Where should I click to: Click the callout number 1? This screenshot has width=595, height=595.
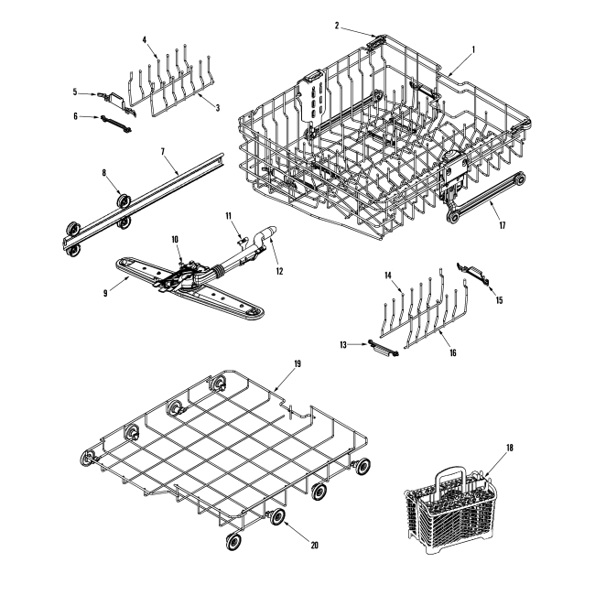[x=472, y=49]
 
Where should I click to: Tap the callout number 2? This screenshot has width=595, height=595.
[x=336, y=26]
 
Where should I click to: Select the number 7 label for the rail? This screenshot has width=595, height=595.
[x=162, y=149]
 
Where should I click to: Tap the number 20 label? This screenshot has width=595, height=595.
[x=314, y=545]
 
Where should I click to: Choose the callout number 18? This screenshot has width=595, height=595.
[x=511, y=448]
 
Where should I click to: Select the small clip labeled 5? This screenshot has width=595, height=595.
[x=114, y=95]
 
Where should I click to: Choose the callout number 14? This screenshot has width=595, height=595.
[x=387, y=274]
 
